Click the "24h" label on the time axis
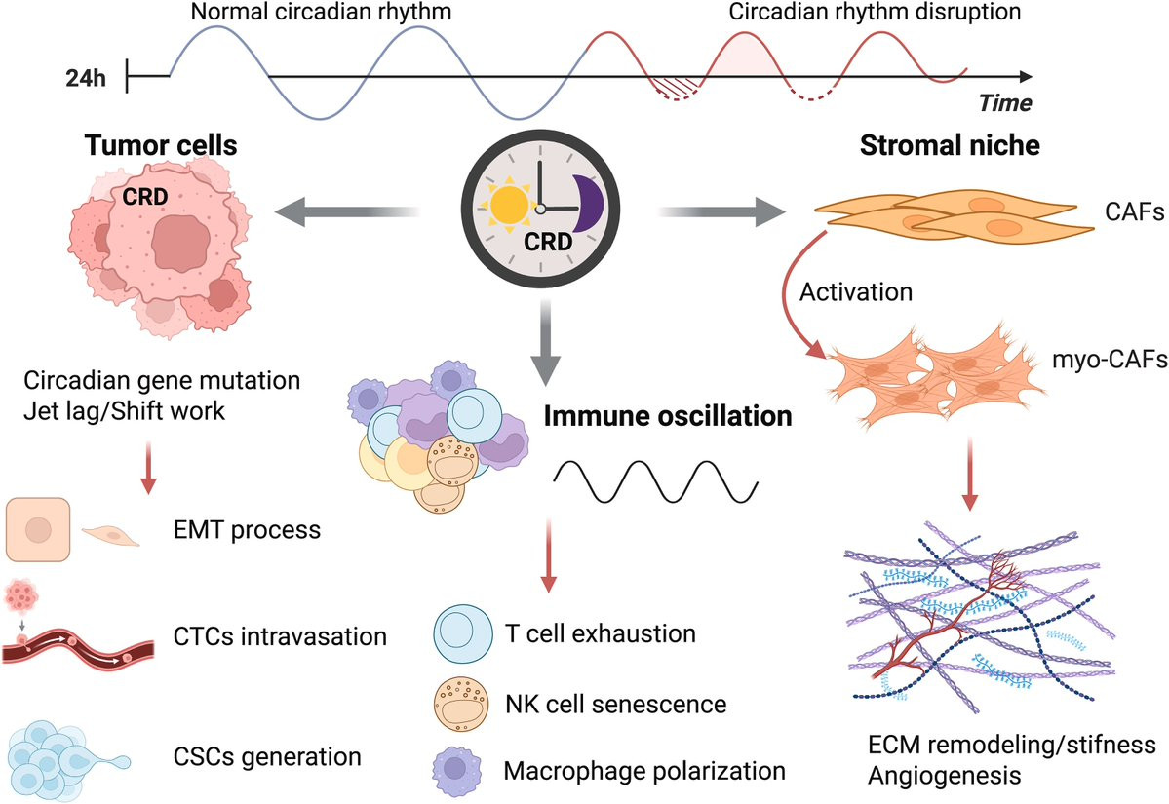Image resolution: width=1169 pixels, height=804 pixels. pyautogui.click(x=82, y=78)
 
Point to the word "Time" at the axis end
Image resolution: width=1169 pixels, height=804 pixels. pyautogui.click(x=1004, y=102)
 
